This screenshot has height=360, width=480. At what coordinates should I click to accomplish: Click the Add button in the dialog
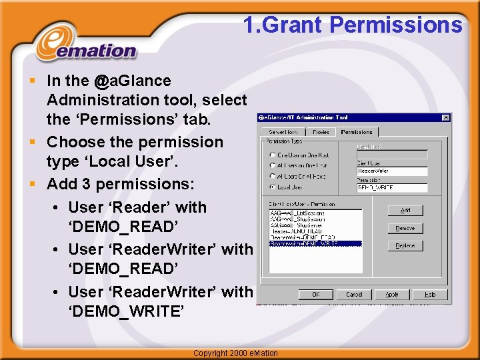point(405,210)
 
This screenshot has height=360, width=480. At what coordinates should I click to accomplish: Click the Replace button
point(405,246)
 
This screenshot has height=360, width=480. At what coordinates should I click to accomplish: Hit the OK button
point(316,294)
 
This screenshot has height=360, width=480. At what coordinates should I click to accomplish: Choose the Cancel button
point(354,294)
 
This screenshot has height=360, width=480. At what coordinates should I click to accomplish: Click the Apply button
point(392,294)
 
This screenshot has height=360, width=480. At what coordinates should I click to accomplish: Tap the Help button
point(430,294)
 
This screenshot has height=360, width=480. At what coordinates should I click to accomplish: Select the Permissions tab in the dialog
point(357,132)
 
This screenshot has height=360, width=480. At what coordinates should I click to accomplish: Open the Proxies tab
point(321,132)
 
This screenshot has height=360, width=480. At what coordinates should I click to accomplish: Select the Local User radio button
point(273,187)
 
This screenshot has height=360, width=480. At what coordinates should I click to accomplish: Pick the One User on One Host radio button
point(273,155)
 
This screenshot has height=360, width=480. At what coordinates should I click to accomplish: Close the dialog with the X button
point(445,118)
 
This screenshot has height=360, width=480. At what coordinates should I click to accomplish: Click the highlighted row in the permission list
point(315,244)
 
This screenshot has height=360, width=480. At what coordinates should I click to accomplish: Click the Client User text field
point(392,171)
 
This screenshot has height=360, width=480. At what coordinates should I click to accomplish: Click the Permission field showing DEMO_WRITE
point(392,189)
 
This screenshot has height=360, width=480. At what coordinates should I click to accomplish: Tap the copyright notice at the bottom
point(235,353)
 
